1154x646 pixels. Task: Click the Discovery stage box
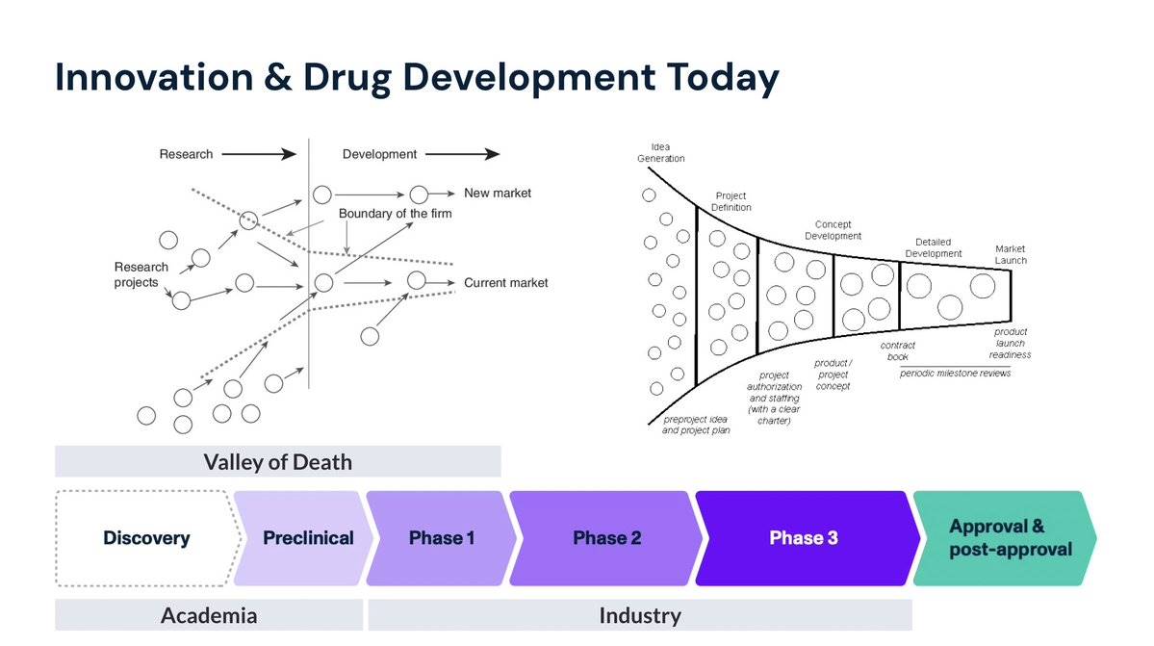[x=147, y=538]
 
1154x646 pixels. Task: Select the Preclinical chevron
[x=303, y=538]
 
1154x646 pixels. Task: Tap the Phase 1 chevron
[x=441, y=538]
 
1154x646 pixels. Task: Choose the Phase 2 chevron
[x=606, y=538]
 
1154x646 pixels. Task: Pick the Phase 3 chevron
[x=807, y=538]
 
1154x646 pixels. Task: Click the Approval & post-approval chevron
[x=1005, y=538]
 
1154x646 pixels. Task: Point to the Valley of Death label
[x=278, y=461]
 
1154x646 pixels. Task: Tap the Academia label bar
[x=209, y=615]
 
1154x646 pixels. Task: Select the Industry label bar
[x=640, y=615]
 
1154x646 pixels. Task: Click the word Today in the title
[x=723, y=78]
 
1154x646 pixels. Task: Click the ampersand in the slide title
[x=277, y=77]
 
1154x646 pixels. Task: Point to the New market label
[x=498, y=193]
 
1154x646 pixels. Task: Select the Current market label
[x=505, y=282]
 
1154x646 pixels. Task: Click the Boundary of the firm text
[x=396, y=214]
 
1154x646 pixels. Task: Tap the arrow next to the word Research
[x=259, y=154]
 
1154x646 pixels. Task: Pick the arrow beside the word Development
[x=463, y=154]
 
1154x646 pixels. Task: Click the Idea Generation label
[x=661, y=152]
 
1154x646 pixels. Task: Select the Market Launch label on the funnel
[x=1011, y=254]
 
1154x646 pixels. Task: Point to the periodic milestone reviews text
[x=956, y=373]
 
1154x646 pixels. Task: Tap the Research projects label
[x=141, y=274]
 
